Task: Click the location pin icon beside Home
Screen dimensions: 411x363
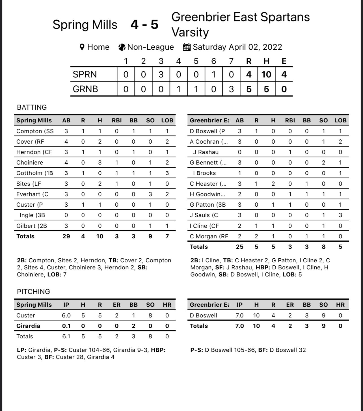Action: coord(82,47)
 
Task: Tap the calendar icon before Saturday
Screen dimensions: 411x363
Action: coord(187,47)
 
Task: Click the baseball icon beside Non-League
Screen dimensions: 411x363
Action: coord(122,47)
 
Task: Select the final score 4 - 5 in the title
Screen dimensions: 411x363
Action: coord(144,25)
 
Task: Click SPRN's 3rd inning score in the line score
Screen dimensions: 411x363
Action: coord(161,74)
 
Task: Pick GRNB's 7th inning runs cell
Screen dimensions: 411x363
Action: coord(231,89)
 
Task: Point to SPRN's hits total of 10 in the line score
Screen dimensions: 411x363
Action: coord(266,74)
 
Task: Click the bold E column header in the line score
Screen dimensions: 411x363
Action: coord(284,61)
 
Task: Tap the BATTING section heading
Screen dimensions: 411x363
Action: coord(32,107)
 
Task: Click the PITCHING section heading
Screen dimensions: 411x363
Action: coord(33,291)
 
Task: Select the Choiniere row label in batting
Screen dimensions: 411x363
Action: coord(30,163)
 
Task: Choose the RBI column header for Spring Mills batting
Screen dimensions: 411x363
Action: coord(116,120)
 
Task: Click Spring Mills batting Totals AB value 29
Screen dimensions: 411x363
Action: coord(66,236)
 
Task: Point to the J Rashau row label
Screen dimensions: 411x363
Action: coord(206,152)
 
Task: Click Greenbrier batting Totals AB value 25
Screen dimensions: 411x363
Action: coord(239,247)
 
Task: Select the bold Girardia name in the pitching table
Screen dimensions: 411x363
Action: coord(28,326)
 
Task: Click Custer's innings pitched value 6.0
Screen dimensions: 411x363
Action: coord(66,315)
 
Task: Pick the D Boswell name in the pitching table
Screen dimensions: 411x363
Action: coord(203,315)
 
